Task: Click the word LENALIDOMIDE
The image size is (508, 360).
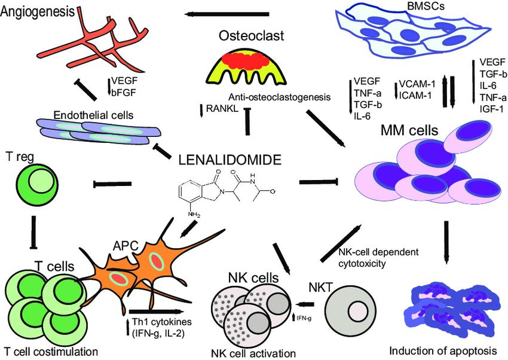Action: (x=231, y=160)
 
